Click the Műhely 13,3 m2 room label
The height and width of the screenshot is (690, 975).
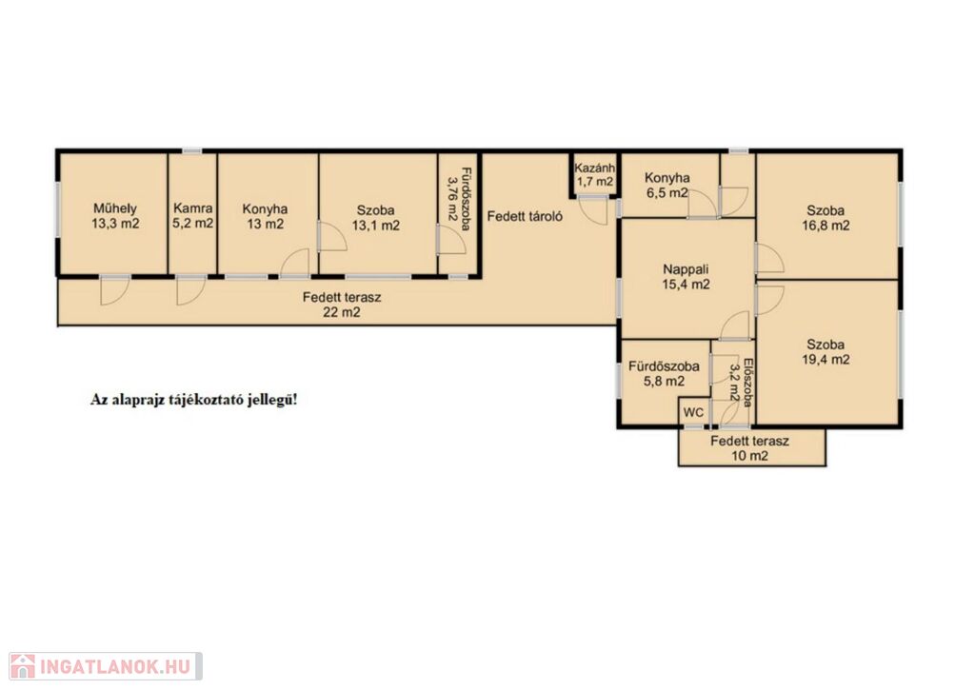click(115, 216)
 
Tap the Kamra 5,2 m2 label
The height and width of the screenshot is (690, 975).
click(192, 216)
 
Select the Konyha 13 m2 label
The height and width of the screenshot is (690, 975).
click(265, 216)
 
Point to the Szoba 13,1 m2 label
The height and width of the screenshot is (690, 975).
click(375, 218)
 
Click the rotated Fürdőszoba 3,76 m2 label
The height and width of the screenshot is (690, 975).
click(459, 198)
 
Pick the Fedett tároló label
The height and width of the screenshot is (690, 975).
click(525, 216)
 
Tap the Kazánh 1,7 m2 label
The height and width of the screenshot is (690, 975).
click(594, 175)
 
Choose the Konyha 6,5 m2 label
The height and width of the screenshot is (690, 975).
click(667, 186)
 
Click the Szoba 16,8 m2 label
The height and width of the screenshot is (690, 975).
click(826, 218)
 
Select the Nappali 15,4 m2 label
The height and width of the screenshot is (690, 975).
click(686, 277)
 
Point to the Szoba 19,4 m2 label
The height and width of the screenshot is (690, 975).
click(826, 352)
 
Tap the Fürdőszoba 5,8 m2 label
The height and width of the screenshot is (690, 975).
click(664, 374)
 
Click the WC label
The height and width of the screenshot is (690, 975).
click(693, 412)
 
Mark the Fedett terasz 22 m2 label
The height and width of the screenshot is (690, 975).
click(342, 305)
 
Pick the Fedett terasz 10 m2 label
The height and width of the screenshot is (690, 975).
click(749, 448)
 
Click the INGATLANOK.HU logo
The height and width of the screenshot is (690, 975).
click(106, 666)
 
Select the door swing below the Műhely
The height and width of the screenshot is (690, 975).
click(114, 290)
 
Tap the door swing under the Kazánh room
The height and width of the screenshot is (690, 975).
click(592, 210)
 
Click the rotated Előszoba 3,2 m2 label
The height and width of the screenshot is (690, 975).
click(741, 382)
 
